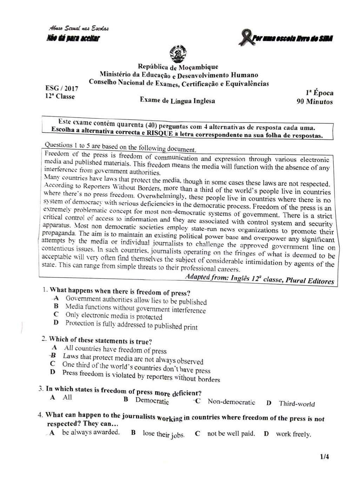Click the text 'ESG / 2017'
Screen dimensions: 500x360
coord(62,88)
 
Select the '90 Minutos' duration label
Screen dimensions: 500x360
coord(314,102)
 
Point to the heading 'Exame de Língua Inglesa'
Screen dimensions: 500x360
coord(178,100)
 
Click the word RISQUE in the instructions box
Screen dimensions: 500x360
coord(160,133)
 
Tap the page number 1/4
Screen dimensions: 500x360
coord(324,457)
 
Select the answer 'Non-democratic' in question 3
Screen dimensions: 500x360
coord(231,402)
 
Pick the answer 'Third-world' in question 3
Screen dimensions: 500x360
coord(297,403)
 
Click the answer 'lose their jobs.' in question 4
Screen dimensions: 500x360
coord(164,434)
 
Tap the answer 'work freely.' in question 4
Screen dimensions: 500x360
coord(293,434)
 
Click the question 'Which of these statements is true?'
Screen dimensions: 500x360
coord(100,340)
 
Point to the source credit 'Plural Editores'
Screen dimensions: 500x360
coord(310,281)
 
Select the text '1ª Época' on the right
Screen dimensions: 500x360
coord(319,93)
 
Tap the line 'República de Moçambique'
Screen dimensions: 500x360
coord(178,67)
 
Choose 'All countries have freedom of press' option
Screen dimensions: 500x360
coord(115,349)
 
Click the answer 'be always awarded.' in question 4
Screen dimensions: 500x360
coord(91,432)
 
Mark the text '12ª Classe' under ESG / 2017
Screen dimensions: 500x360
coord(60,97)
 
